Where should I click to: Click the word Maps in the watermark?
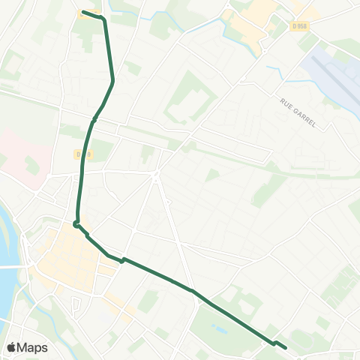click(x=33, y=347)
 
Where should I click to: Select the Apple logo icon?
click(x=12, y=347)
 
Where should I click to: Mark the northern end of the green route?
click(x=83, y=12)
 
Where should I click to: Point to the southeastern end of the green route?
click(x=286, y=347)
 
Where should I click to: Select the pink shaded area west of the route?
click(x=22, y=150)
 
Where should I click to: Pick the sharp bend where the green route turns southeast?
click(x=76, y=223)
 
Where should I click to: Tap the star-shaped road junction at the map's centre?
click(x=155, y=176)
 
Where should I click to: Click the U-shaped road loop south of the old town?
click(x=76, y=305)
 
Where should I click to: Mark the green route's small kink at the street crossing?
click(x=123, y=260)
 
